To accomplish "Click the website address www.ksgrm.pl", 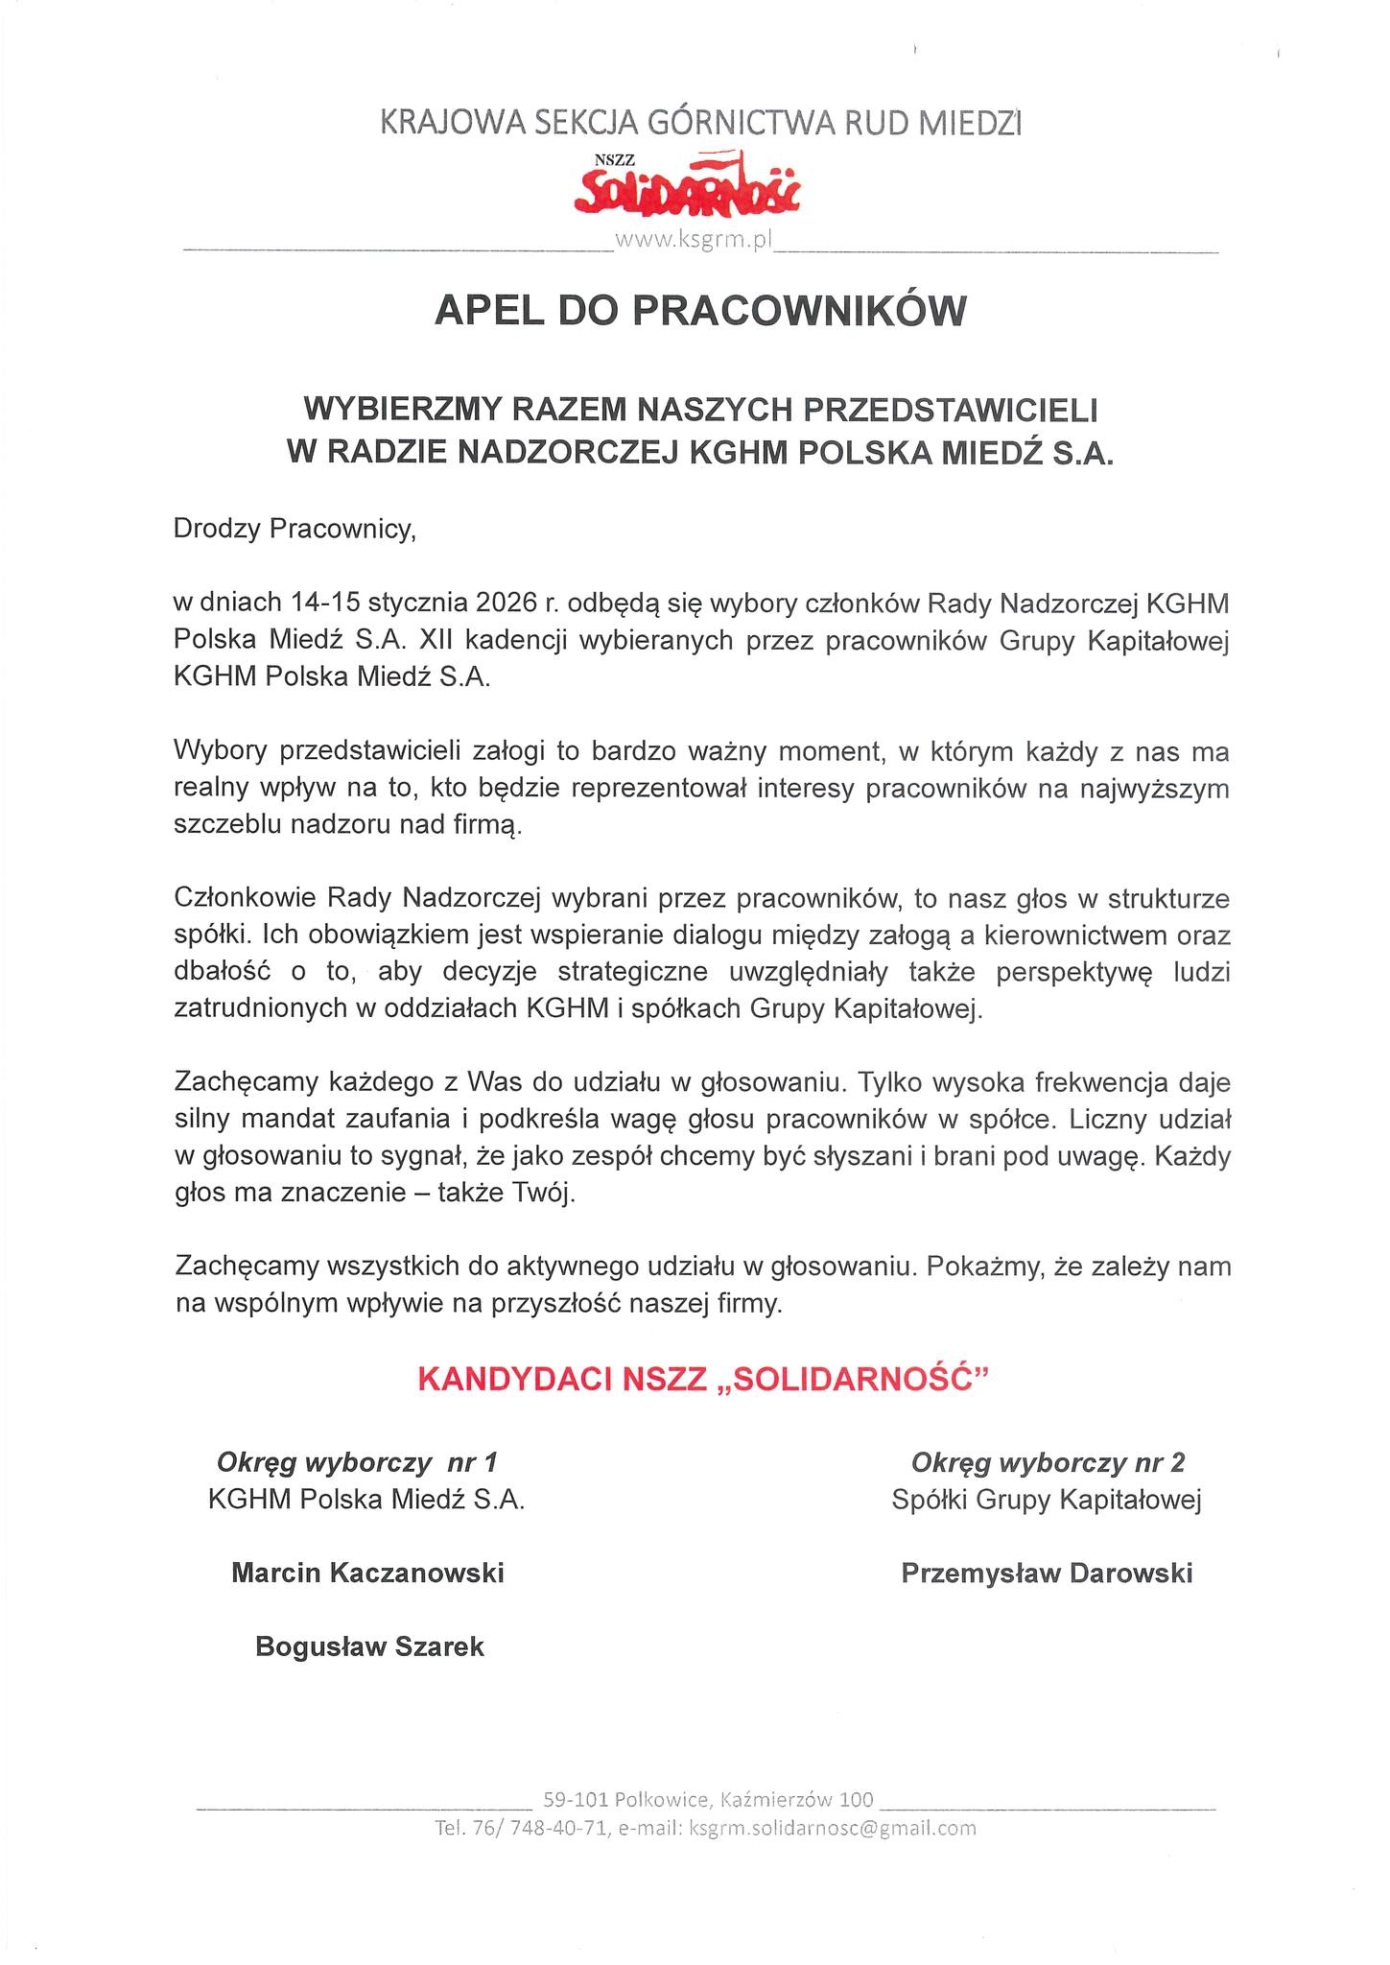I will (x=693, y=241).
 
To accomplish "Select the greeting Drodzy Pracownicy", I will (x=294, y=530).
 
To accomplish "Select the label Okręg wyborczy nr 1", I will (x=357, y=1462).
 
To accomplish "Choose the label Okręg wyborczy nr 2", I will (x=1048, y=1462).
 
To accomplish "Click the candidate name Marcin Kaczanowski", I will (x=367, y=1573).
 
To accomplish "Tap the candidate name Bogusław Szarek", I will (x=369, y=1646).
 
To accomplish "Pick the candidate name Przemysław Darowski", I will (x=1047, y=1573).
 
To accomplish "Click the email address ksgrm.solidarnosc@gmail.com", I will (x=833, y=1828).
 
